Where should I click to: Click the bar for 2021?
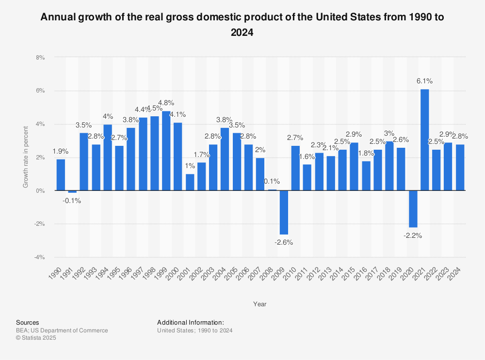pyautogui.click(x=424, y=140)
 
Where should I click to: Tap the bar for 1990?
pyautogui.click(x=61, y=174)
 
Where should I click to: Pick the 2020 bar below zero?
pyautogui.click(x=413, y=209)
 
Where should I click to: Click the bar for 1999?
pyautogui.click(x=166, y=151)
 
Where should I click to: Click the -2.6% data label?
pyautogui.click(x=284, y=242)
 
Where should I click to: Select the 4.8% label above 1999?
pyautogui.click(x=166, y=103)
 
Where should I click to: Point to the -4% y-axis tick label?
pyautogui.click(x=39, y=257)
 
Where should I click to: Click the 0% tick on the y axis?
pyautogui.click(x=40, y=191)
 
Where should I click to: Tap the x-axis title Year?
pyautogui.click(x=259, y=304)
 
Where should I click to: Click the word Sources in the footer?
pyautogui.click(x=27, y=322)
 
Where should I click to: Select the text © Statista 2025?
pyautogui.click(x=36, y=338)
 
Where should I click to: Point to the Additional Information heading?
pyautogui.click(x=191, y=322)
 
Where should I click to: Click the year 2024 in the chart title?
pyautogui.click(x=242, y=32)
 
